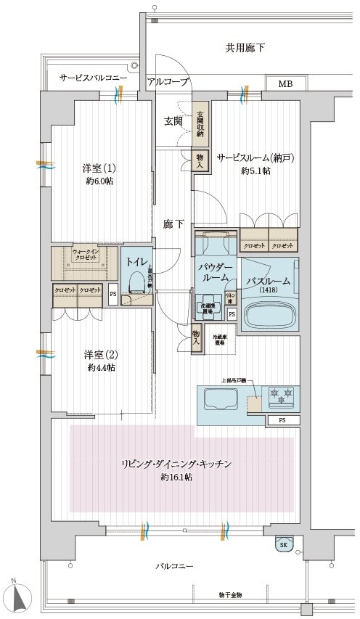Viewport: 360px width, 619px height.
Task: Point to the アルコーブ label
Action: click(168, 82)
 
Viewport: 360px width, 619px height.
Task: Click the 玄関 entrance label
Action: click(172, 120)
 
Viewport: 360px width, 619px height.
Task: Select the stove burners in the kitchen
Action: click(282, 395)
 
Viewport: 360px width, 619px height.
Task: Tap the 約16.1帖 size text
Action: click(176, 477)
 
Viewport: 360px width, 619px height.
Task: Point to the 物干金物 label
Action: click(231, 595)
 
